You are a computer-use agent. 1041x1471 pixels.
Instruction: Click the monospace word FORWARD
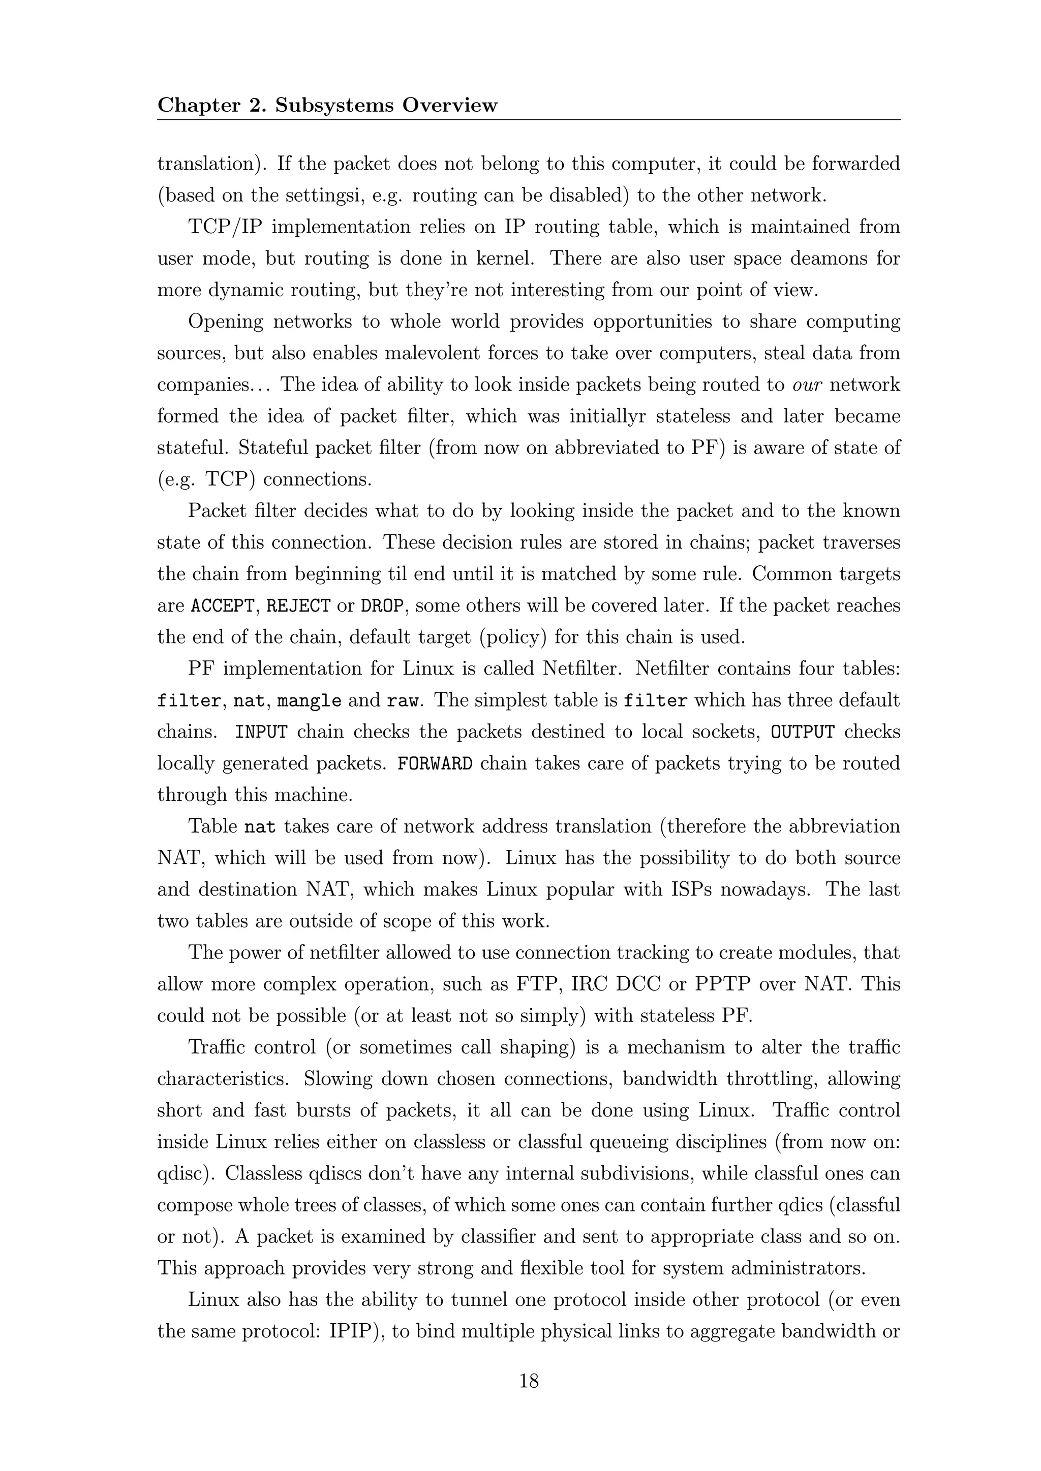(x=435, y=763)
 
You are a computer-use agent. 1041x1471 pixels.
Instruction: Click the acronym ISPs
(x=695, y=890)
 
